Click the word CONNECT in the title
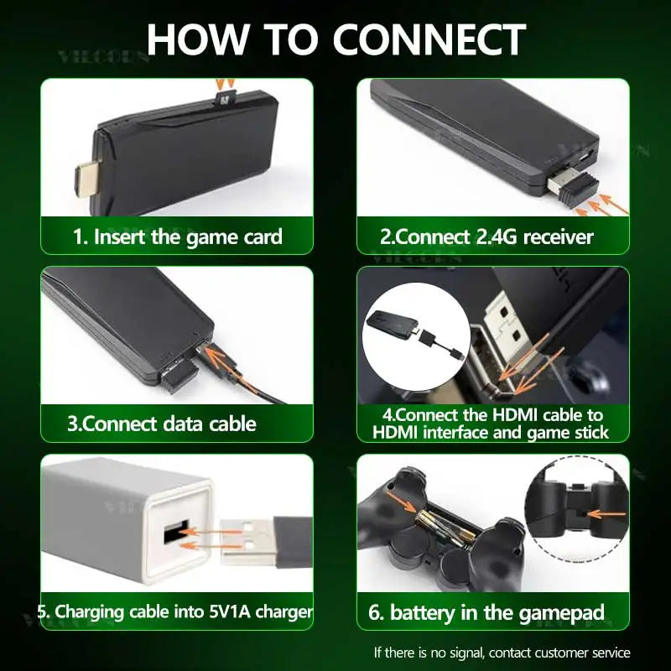429,39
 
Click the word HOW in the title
198,39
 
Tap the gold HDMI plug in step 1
89,179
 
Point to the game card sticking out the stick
225,98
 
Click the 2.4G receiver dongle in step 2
573,186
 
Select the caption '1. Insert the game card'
178,237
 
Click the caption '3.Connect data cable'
162,424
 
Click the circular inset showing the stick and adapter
416,337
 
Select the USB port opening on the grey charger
176,531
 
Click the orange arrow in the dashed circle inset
602,514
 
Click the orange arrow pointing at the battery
401,501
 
